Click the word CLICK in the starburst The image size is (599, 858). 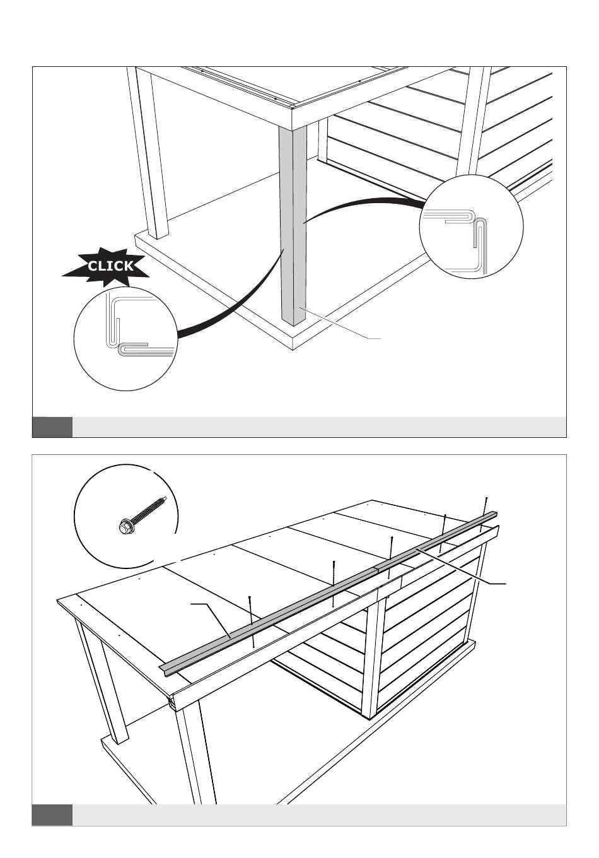[x=110, y=266]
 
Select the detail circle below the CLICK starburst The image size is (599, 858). [x=124, y=338]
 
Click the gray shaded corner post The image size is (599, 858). [x=292, y=221]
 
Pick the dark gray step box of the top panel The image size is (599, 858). [x=52, y=426]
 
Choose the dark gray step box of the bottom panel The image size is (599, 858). [x=52, y=814]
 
